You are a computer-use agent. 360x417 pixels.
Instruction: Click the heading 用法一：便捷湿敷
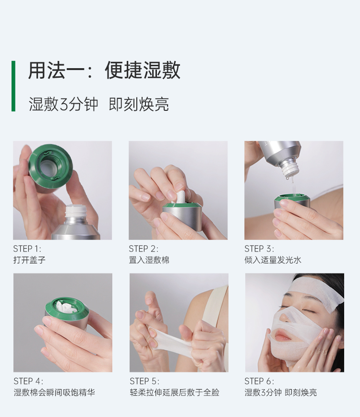click(104, 70)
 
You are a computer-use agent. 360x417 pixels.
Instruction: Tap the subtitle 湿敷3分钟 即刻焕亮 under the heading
click(99, 104)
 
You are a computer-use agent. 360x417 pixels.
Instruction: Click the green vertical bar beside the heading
click(13, 86)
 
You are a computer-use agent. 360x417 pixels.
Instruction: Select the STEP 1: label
click(27, 249)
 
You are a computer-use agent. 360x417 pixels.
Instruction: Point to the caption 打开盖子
click(29, 260)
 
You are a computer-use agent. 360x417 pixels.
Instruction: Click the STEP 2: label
click(144, 249)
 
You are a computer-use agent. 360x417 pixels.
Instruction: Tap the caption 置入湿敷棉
click(149, 260)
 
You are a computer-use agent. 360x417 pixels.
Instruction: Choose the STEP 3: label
click(259, 249)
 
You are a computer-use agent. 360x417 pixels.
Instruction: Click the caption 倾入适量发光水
click(273, 260)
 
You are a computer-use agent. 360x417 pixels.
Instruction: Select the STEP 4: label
click(28, 381)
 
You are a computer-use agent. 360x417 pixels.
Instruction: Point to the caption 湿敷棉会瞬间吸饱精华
click(54, 392)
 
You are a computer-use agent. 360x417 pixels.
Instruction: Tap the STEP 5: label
click(144, 381)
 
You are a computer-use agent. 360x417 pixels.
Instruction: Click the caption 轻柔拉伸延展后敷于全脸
click(175, 392)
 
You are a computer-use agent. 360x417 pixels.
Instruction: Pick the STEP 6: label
click(259, 381)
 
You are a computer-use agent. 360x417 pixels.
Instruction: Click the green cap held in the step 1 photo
click(50, 167)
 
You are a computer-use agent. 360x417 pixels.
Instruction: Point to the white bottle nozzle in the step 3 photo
click(289, 167)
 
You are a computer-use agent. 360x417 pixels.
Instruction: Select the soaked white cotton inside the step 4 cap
click(65, 307)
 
